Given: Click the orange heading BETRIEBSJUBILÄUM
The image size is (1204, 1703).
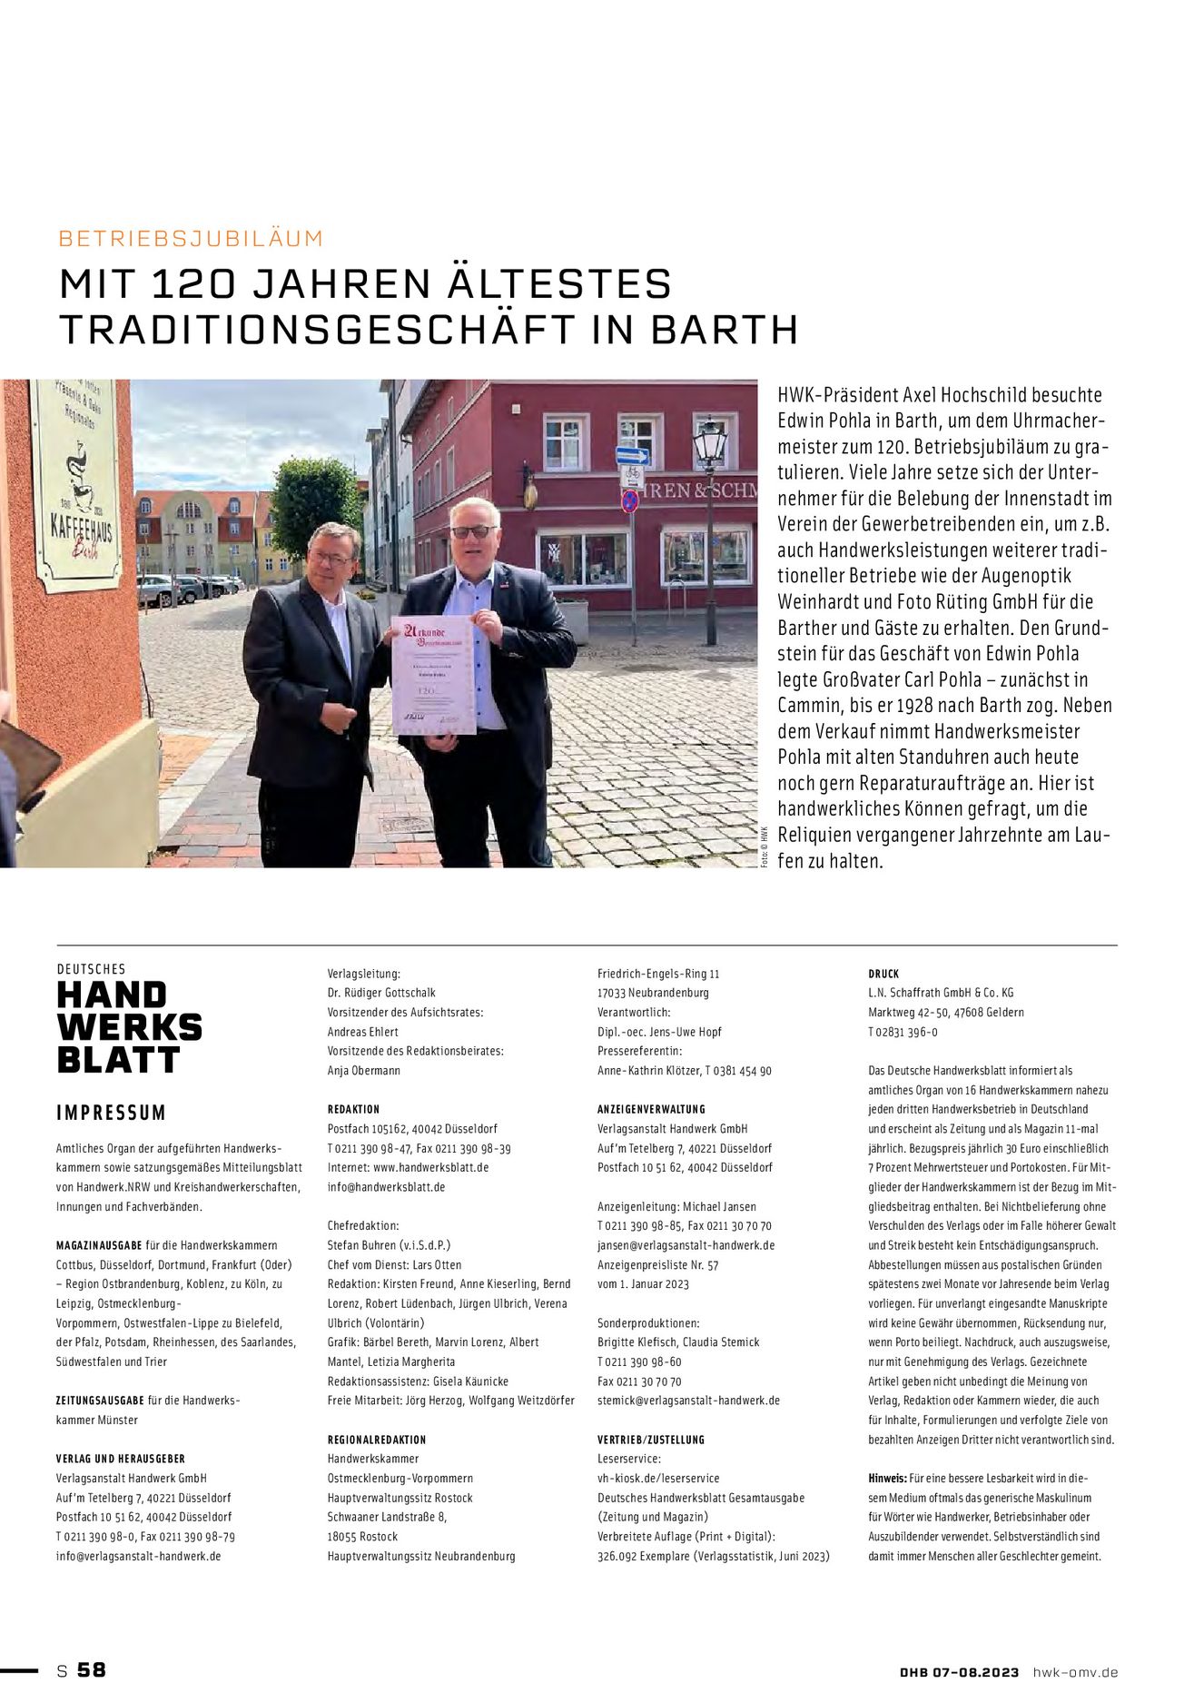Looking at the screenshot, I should (x=191, y=239).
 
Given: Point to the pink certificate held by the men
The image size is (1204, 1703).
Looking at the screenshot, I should (x=434, y=675).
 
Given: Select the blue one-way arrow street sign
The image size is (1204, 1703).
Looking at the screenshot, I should (x=632, y=456).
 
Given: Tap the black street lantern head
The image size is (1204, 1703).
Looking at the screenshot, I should (x=710, y=443).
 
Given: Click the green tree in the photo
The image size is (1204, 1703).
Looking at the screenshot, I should (x=316, y=504).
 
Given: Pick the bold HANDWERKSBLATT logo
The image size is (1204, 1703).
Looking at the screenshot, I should (x=128, y=1027).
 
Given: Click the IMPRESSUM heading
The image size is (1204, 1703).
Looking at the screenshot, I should (x=112, y=1114).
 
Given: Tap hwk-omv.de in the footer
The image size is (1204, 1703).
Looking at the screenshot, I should (x=1075, y=1672).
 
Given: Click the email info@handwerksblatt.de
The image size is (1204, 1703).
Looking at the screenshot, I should (x=386, y=1187).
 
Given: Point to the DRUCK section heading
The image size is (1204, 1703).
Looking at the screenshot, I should (x=883, y=974).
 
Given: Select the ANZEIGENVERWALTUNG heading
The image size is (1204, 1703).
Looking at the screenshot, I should (x=651, y=1109).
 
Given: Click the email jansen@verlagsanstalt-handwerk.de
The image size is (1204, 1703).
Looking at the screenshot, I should (x=686, y=1245).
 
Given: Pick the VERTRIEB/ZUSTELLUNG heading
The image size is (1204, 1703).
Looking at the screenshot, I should (x=651, y=1440).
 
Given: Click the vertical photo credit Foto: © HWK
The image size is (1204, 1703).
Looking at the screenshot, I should (x=765, y=847).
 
